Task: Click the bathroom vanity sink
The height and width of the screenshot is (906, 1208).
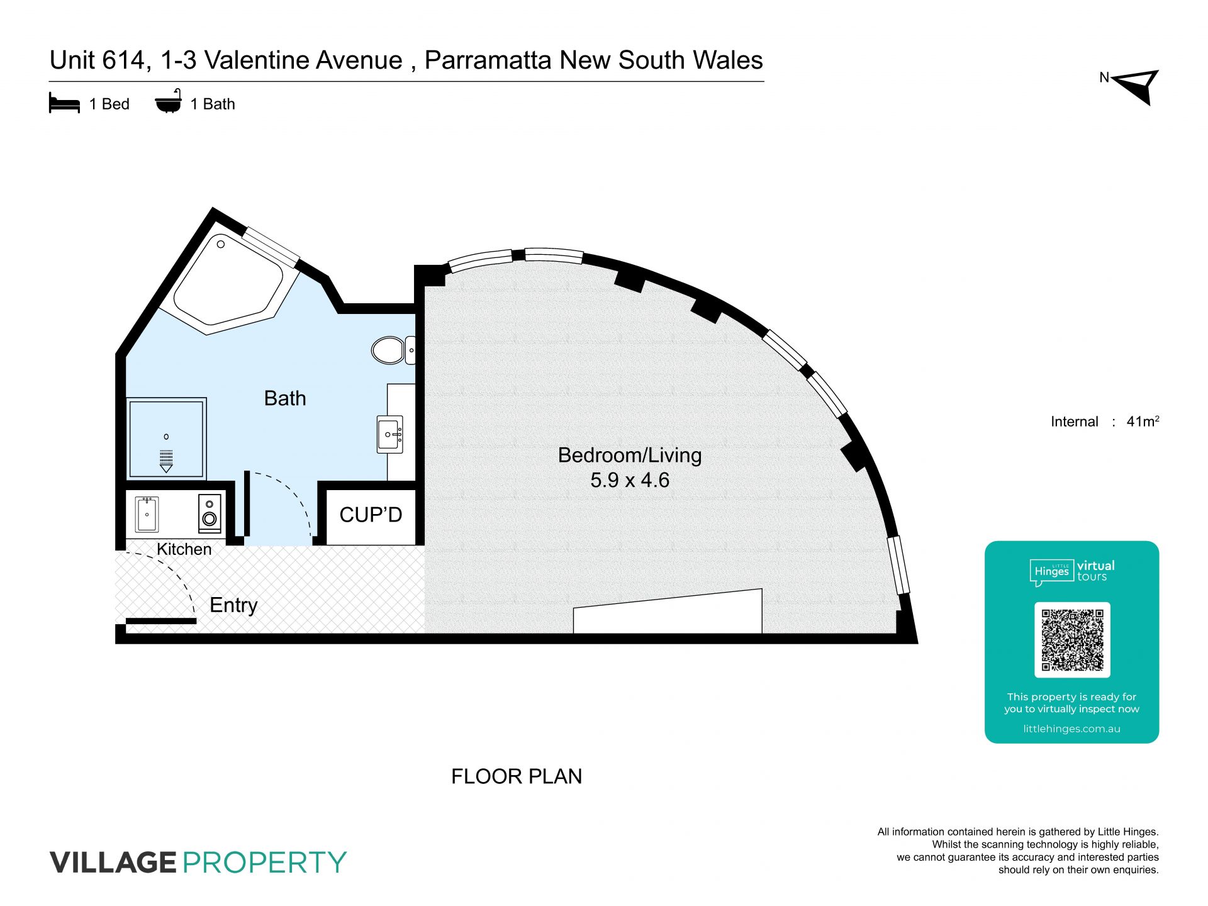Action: [x=390, y=433]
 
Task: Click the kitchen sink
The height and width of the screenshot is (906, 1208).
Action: [x=147, y=514]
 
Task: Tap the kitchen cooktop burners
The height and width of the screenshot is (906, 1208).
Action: [x=210, y=513]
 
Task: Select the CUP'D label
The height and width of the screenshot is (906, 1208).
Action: [x=371, y=515]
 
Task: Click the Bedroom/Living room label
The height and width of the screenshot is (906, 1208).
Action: [x=630, y=455]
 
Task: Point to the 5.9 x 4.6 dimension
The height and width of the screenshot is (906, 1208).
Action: [x=630, y=480]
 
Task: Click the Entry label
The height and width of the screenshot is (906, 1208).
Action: [x=233, y=605]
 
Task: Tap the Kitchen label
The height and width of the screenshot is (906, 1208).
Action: [x=184, y=549]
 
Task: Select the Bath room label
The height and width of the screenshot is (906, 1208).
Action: [x=285, y=398]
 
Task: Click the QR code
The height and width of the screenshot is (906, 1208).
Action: [x=1072, y=639]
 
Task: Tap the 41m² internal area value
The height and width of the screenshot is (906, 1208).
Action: [x=1143, y=421]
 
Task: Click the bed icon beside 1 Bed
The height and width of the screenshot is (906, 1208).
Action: [x=64, y=103]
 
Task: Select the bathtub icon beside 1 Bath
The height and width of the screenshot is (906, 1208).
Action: [x=169, y=101]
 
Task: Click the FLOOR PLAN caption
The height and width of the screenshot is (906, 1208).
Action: [x=517, y=776]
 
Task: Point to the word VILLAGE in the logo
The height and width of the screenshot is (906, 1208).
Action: [x=113, y=862]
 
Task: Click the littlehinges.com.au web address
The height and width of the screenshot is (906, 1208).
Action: [x=1071, y=729]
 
